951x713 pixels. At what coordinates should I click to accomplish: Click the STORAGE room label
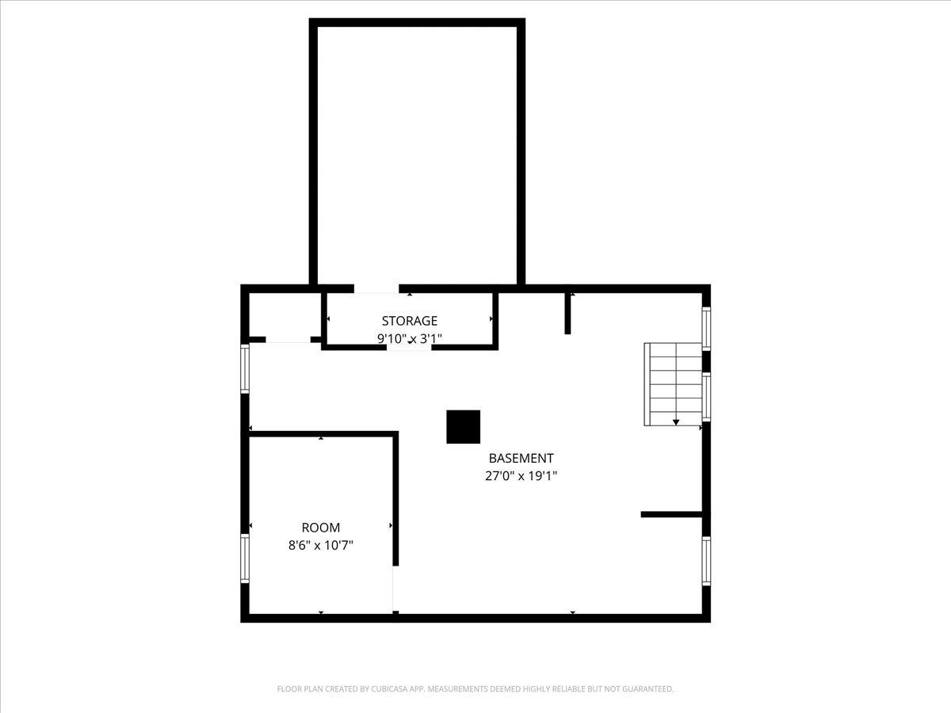409,321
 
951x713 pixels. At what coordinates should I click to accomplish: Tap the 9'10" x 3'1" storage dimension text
410,338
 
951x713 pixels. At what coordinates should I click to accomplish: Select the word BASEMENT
521,458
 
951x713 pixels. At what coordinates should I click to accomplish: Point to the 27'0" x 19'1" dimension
521,476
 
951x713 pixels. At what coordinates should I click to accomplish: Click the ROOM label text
321,528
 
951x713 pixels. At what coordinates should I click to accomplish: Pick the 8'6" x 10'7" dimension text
321,545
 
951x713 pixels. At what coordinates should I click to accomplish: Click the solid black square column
463,426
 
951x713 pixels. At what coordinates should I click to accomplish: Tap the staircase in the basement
673,384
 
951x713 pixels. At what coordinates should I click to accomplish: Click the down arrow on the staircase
676,422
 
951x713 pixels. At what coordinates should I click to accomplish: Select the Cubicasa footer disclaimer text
475,688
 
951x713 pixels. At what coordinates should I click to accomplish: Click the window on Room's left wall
245,559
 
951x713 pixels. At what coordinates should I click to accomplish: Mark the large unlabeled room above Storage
417,155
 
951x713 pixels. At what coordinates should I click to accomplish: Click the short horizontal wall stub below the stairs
671,514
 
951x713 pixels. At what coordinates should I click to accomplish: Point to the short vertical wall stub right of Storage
567,314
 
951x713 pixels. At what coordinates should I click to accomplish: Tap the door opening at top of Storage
376,288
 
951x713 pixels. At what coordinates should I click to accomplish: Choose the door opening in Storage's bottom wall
409,347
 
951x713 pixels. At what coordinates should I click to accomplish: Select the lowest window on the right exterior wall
706,561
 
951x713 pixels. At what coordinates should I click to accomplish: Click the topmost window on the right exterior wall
706,329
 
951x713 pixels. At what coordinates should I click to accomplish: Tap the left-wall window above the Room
245,369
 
